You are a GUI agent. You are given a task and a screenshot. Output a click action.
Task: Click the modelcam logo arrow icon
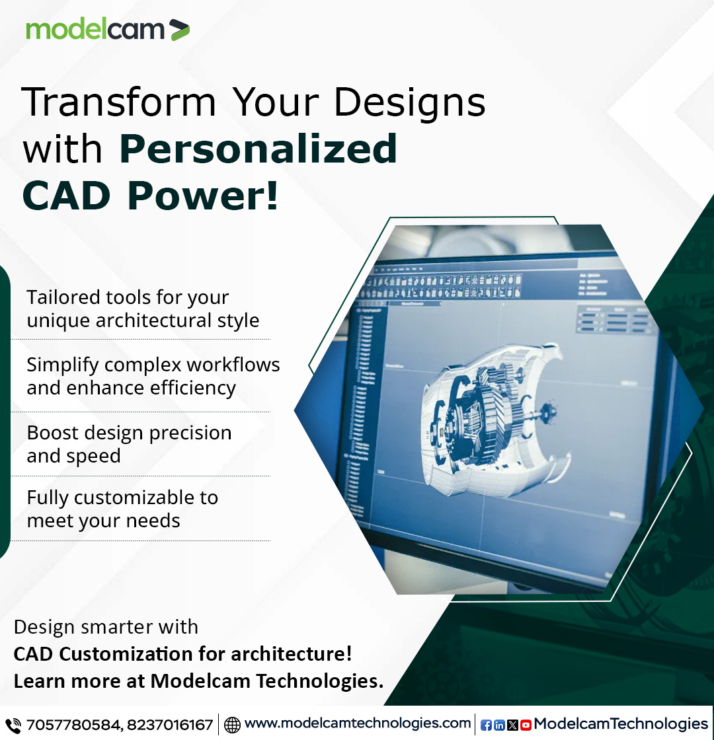(179, 30)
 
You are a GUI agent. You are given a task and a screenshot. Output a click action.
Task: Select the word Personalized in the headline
(258, 149)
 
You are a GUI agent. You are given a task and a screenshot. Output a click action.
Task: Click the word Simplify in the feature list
(63, 365)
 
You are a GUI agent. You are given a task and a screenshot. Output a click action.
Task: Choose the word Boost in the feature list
(49, 433)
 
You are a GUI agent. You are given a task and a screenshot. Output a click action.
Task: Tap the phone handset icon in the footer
(13, 725)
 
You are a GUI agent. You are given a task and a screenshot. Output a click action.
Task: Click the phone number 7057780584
(73, 725)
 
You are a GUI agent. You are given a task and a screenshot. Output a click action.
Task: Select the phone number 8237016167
(170, 725)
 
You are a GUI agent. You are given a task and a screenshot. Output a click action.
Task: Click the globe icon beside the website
(232, 725)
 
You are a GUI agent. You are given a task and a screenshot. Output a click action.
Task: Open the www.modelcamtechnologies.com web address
(357, 723)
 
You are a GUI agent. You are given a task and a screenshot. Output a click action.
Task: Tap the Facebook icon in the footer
(486, 725)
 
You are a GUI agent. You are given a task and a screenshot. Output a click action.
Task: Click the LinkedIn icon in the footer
(499, 725)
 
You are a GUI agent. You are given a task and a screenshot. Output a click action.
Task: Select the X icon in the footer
(512, 725)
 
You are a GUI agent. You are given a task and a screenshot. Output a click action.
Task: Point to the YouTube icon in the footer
(526, 725)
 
